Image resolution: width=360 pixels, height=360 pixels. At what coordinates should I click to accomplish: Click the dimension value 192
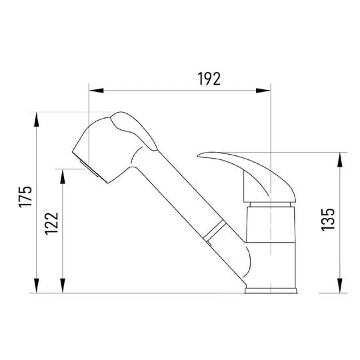tap(209, 79)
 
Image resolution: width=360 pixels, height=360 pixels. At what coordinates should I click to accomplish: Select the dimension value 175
tap(25, 197)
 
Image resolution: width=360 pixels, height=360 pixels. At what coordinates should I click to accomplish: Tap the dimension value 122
tap(51, 223)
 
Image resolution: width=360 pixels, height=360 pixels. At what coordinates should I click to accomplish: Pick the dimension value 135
tap(327, 220)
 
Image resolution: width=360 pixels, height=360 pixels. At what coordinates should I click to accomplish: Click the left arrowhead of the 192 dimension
tap(96, 91)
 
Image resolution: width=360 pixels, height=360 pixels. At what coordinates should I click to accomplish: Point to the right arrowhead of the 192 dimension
tap(263, 91)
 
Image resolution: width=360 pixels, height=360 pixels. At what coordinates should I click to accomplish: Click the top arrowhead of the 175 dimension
tap(36, 119)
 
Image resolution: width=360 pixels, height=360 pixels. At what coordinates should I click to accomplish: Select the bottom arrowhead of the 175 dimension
tap(36, 285)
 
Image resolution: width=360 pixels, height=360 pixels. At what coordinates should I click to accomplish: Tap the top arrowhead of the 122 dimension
tap(63, 176)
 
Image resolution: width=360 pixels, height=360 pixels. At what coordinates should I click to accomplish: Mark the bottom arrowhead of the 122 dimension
tap(63, 285)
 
